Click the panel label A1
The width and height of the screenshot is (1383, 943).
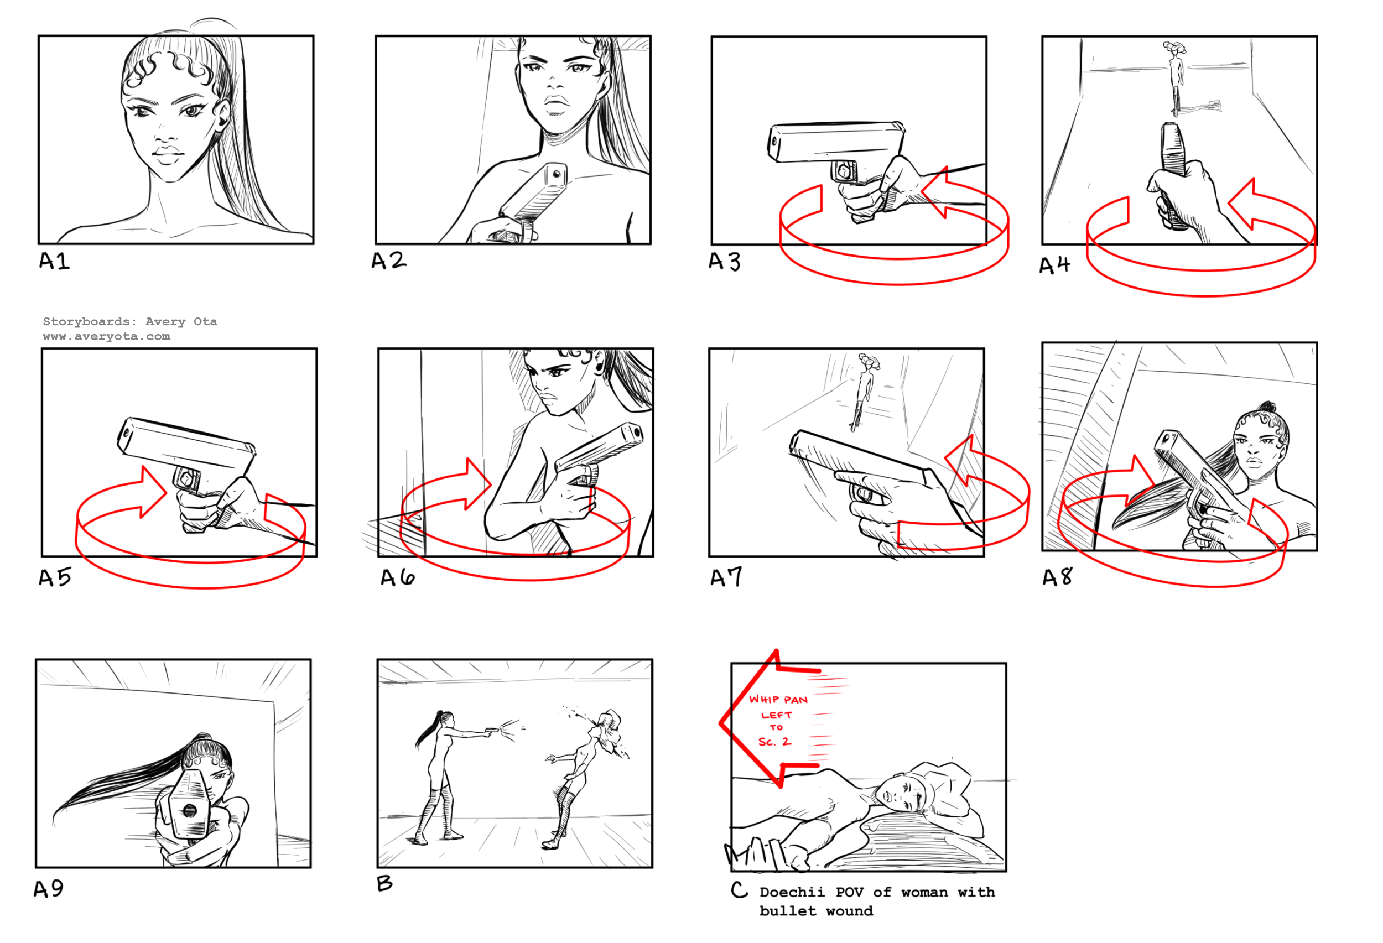tap(54, 261)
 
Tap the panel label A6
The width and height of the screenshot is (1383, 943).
tap(398, 577)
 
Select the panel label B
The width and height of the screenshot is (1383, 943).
tap(384, 883)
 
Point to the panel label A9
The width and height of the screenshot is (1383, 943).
tap(49, 889)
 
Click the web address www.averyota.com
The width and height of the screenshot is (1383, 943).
tap(107, 336)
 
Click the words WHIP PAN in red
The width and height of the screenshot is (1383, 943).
tap(778, 700)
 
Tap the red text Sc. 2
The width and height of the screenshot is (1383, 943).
tap(774, 741)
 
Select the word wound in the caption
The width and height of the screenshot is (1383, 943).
tap(849, 911)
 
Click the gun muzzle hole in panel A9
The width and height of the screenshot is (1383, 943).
tap(189, 810)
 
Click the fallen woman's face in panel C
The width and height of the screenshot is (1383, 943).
tap(898, 795)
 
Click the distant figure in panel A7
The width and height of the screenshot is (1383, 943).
tap(864, 391)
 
